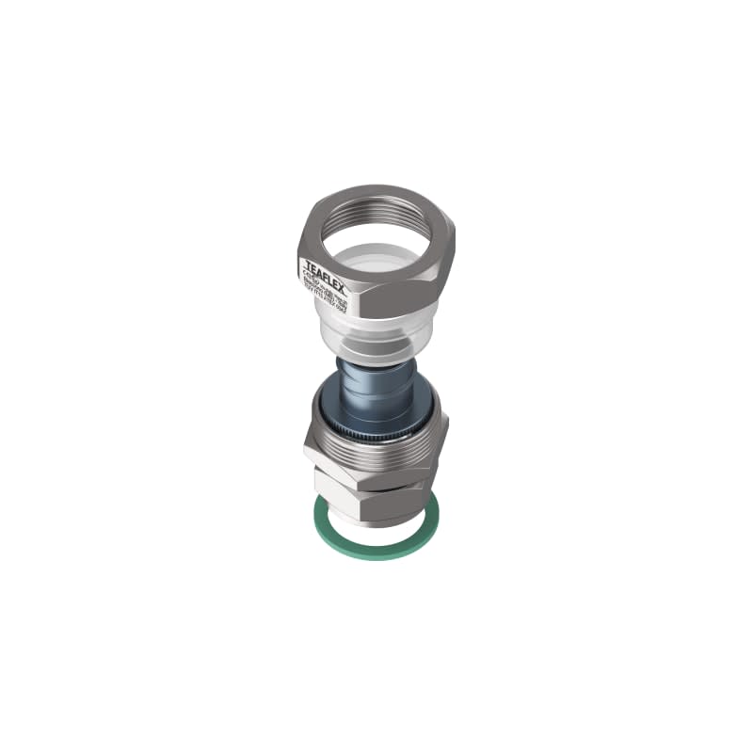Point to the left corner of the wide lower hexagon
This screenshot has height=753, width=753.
(305, 451)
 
